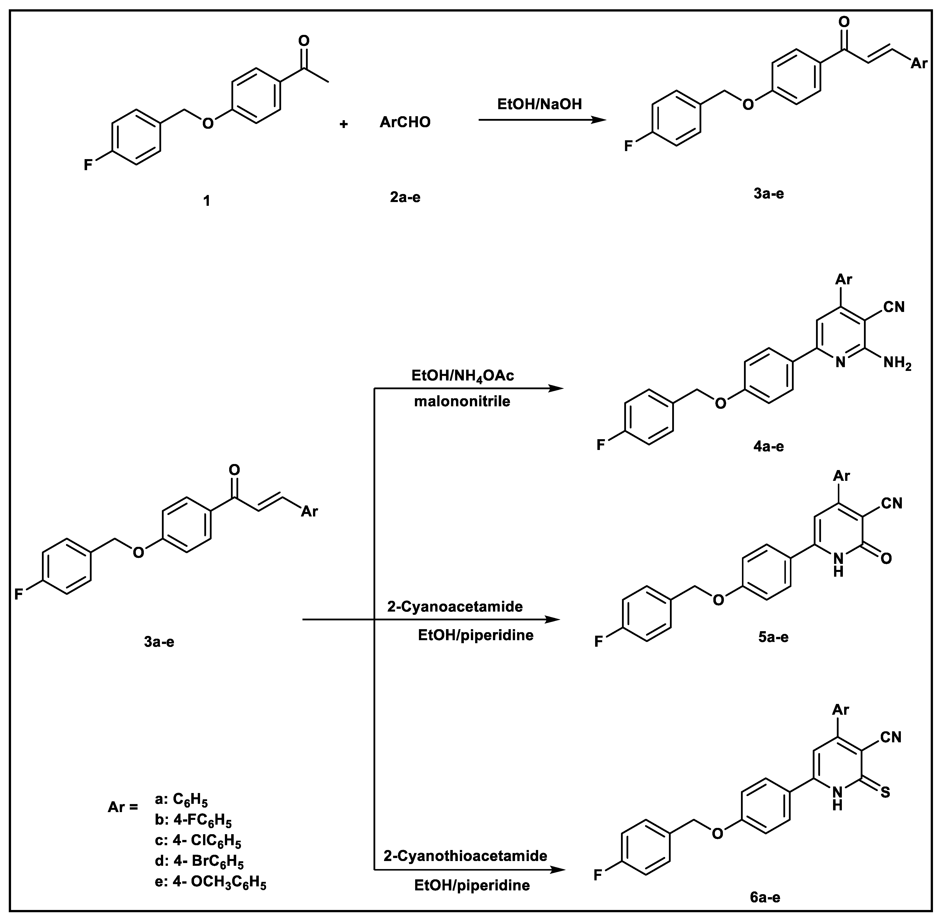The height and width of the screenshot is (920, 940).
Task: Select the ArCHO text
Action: pyautogui.click(x=405, y=122)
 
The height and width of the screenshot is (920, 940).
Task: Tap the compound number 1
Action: pyautogui.click(x=207, y=201)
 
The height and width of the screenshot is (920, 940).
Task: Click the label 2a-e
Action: pyautogui.click(x=405, y=197)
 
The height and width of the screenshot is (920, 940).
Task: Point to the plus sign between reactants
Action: pyautogui.click(x=344, y=124)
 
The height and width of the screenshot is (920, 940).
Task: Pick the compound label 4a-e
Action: pyautogui.click(x=768, y=446)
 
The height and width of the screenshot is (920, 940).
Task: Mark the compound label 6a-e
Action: pyautogui.click(x=765, y=898)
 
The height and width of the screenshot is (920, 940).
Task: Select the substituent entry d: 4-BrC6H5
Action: pyautogui.click(x=199, y=862)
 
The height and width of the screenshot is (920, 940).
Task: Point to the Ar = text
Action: pyautogui.click(x=123, y=807)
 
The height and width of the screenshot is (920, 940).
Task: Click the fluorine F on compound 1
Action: pyautogui.click(x=88, y=165)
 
